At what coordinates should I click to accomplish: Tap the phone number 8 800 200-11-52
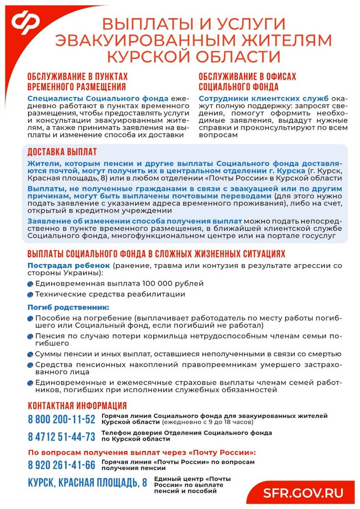[x=62, y=420]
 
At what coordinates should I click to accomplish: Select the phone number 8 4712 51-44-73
[x=62, y=436]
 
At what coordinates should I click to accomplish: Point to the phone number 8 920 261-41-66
[x=62, y=465]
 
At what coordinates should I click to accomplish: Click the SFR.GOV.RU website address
[x=303, y=493]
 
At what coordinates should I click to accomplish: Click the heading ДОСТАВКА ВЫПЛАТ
[x=62, y=152]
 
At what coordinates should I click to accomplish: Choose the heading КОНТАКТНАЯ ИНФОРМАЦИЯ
[x=77, y=406]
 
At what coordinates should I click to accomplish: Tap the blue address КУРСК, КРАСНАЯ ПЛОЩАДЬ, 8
[x=87, y=483]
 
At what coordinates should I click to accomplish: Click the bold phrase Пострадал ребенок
[x=69, y=265]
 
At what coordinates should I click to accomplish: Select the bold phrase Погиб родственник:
[x=68, y=307]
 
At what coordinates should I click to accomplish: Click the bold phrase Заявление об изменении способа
[x=135, y=221]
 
